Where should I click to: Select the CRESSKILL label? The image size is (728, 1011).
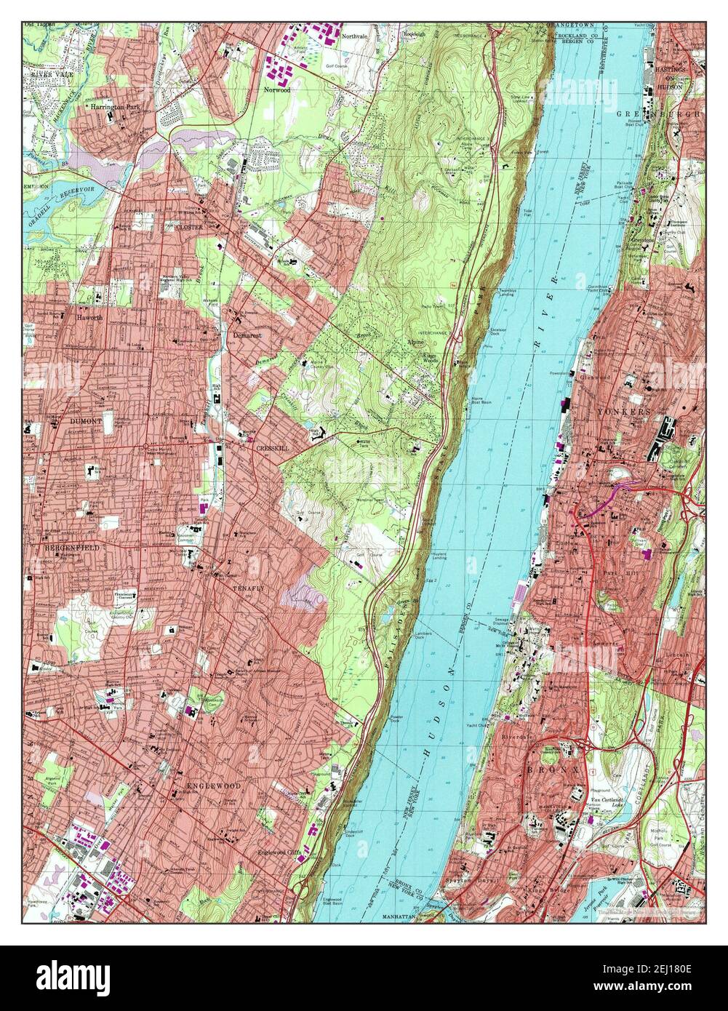click(272, 449)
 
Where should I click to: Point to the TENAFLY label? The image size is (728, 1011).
click(246, 587)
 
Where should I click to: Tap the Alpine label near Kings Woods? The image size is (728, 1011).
click(415, 340)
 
